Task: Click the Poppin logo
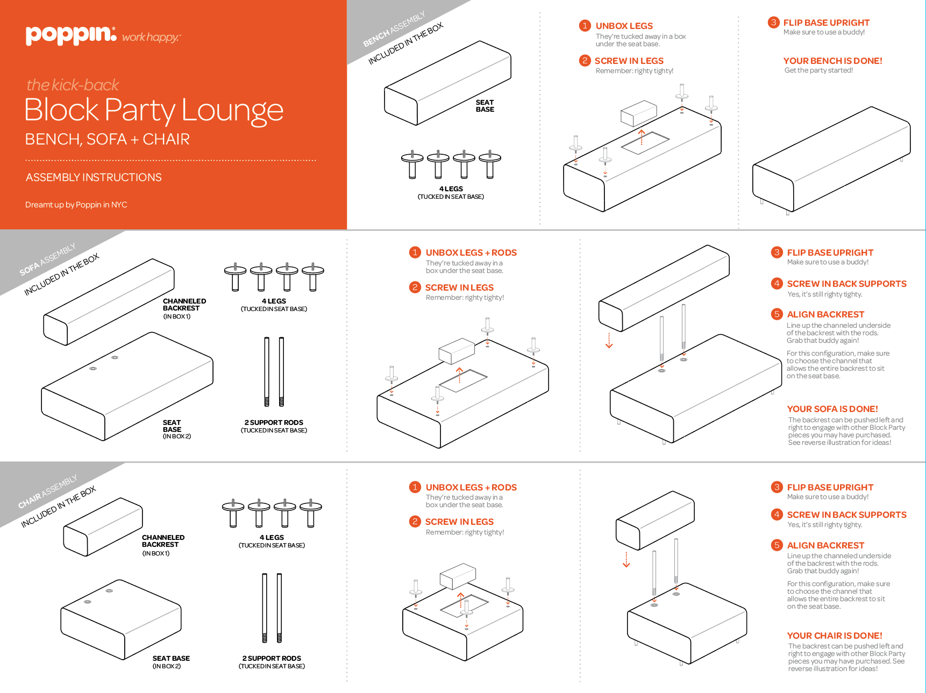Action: pyautogui.click(x=70, y=35)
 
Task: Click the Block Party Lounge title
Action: pyautogui.click(x=154, y=110)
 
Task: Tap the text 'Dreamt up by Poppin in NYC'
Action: pyautogui.click(x=76, y=205)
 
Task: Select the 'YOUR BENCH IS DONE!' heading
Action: pyautogui.click(x=832, y=61)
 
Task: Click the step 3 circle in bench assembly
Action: pyautogui.click(x=773, y=23)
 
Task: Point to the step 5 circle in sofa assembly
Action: pyautogui.click(x=777, y=314)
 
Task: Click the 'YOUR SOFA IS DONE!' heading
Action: pyautogui.click(x=832, y=409)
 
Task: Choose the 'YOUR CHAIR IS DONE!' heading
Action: pyautogui.click(x=835, y=636)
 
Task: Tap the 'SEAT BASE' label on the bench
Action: pyautogui.click(x=485, y=106)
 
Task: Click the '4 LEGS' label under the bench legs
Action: pyautogui.click(x=451, y=189)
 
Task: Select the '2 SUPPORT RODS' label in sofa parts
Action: pyautogui.click(x=274, y=423)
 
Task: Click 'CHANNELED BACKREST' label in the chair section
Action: pyautogui.click(x=163, y=541)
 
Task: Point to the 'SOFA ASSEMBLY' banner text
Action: pyautogui.click(x=47, y=259)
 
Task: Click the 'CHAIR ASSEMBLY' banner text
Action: pyautogui.click(x=47, y=492)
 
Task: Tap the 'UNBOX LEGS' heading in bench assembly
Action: pyautogui.click(x=624, y=26)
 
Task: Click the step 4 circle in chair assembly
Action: pyautogui.click(x=777, y=515)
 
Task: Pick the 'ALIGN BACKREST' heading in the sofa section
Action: pyautogui.click(x=825, y=314)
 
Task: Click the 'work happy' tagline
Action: pyautogui.click(x=151, y=38)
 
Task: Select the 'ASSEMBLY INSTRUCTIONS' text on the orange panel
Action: pyautogui.click(x=94, y=177)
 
